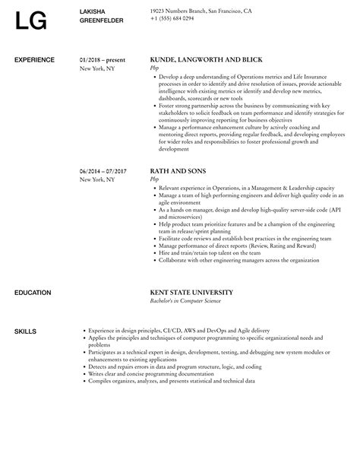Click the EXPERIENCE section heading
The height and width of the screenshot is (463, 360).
35,59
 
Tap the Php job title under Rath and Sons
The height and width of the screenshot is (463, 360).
155,179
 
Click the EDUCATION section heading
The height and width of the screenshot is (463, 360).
33,271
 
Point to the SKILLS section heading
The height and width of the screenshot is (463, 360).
25,309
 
